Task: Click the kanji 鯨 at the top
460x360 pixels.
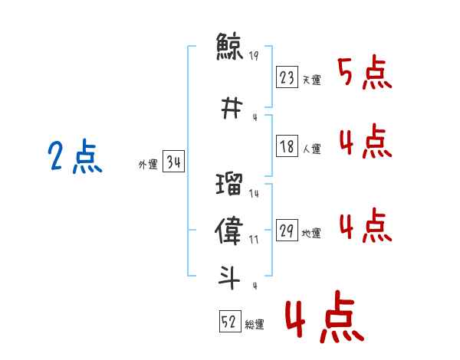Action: tap(229, 46)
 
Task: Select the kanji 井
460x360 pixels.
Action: tap(232, 108)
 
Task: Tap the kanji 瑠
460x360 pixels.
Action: tap(229, 184)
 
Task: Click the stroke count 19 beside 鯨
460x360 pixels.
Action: tap(254, 55)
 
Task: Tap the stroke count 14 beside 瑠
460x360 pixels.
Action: tap(254, 193)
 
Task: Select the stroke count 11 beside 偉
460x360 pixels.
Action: tap(254, 240)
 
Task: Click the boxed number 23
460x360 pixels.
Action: tap(287, 77)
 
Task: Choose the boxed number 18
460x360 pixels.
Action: tap(287, 146)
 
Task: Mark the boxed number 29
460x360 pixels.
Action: tap(287, 230)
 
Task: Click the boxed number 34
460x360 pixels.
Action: tap(173, 161)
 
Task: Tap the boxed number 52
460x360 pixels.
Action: tap(230, 321)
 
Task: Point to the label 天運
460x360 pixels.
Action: tap(311, 80)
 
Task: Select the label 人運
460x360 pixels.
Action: tap(311, 149)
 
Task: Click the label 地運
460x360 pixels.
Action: tap(311, 233)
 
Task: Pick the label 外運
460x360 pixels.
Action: tap(148, 165)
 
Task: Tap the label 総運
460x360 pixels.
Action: tap(255, 325)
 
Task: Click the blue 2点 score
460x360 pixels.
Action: tap(75, 156)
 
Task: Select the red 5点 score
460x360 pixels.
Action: tap(365, 72)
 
